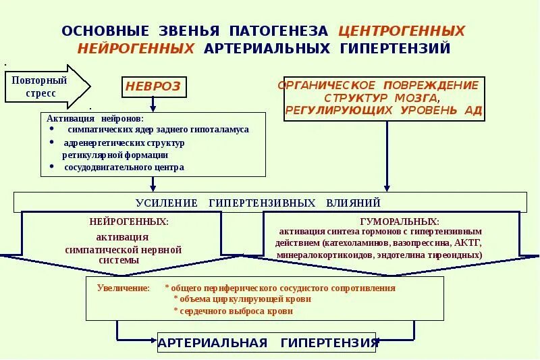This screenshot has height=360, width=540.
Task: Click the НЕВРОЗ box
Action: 153,87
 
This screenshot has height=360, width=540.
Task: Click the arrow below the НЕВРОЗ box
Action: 153,104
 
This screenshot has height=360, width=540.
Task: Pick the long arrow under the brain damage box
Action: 386,155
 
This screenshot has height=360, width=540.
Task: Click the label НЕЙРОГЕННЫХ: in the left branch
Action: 129,222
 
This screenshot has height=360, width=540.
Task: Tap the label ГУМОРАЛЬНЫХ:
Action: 400,222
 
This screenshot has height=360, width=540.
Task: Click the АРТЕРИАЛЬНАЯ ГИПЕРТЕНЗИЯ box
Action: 268,342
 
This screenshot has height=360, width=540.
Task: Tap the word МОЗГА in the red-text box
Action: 416,98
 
